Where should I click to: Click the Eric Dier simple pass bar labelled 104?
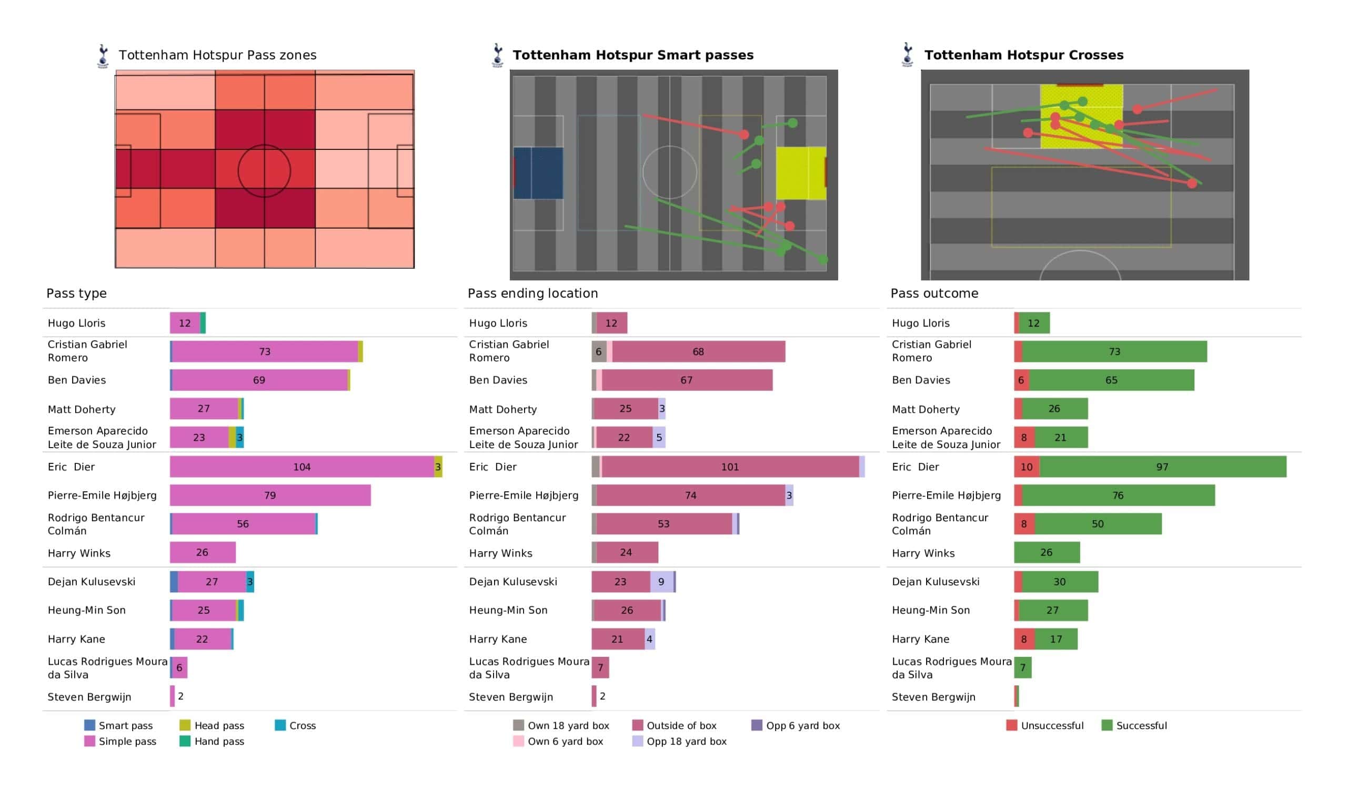[302, 467]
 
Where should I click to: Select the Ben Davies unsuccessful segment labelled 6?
[1021, 380]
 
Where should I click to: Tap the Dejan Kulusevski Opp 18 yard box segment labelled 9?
[662, 582]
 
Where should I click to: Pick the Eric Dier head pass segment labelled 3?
[438, 467]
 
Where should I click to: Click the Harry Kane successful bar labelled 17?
[1056, 638]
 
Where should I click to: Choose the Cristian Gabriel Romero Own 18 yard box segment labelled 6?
[599, 352]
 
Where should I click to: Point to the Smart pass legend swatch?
[90, 725]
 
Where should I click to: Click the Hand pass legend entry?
[212, 741]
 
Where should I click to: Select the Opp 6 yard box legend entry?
[796, 725]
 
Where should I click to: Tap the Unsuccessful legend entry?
[1045, 725]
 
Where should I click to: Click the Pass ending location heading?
[533, 293]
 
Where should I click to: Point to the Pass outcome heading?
[934, 293]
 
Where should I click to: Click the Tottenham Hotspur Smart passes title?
[633, 55]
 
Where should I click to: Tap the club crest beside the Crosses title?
[907, 55]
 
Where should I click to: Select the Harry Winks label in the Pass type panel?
[79, 553]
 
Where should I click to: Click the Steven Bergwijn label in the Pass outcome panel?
[934, 697]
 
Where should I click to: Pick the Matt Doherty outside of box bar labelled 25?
[626, 409]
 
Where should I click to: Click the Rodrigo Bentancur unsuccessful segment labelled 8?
[1024, 524]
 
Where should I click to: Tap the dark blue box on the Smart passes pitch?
[538, 173]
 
